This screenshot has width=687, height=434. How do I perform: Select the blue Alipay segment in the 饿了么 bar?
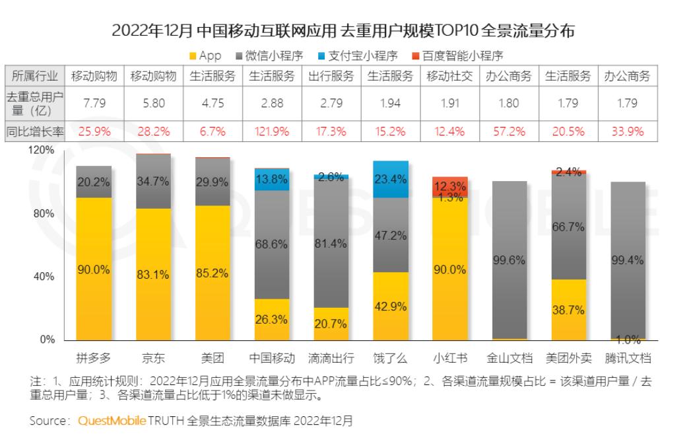point(390,180)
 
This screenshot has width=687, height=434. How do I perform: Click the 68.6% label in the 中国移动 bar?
point(271,244)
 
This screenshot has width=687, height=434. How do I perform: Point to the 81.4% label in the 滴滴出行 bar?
point(331,244)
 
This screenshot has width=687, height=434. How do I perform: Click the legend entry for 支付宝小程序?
point(365,56)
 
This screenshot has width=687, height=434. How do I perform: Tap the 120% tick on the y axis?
point(42,151)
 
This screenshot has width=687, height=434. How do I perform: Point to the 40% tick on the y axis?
point(44,277)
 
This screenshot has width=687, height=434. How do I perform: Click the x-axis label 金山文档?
point(509,359)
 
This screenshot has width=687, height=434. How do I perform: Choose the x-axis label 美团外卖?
point(568,359)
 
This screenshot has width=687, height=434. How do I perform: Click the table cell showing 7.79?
point(94,103)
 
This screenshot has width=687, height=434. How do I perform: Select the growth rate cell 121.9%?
point(272,131)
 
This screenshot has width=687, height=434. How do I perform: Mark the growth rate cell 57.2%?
point(509,131)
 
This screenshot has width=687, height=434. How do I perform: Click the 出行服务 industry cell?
point(331,76)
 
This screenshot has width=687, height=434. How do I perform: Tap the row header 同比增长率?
point(35,131)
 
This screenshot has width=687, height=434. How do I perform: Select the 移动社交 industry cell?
point(450,76)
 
